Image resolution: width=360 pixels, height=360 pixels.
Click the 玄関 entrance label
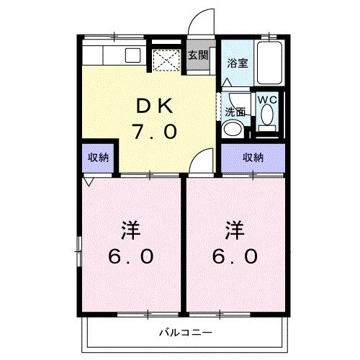click(198, 55)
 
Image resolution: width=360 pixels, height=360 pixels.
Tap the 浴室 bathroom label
click(238, 62)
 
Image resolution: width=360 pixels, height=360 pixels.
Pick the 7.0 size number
click(153, 132)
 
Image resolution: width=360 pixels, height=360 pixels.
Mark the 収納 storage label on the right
click(253, 157)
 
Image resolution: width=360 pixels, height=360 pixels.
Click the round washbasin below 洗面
click(233, 129)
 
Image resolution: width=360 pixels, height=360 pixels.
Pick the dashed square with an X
click(168, 60)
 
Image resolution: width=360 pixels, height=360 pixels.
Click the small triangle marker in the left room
click(89, 182)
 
